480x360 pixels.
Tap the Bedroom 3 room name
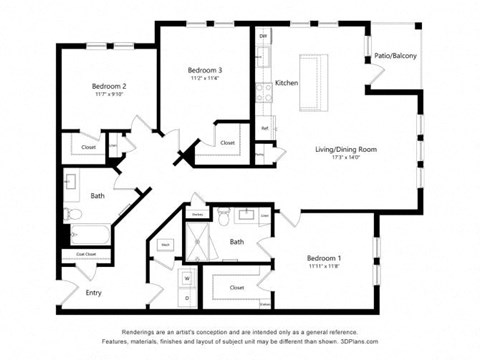pyautogui.click(x=205, y=69)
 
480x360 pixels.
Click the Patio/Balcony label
pyautogui.click(x=396, y=55)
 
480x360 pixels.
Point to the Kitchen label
pyautogui.click(x=287, y=83)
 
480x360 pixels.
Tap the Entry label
pyautogui.click(x=93, y=293)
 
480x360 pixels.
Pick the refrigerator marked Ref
pyautogui.click(x=264, y=128)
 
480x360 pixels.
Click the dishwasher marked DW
pyautogui.click(x=264, y=37)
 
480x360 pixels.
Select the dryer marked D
pyautogui.click(x=187, y=298)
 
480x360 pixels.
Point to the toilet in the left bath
pyautogui.click(x=73, y=213)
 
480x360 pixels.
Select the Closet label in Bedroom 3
pyautogui.click(x=227, y=142)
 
